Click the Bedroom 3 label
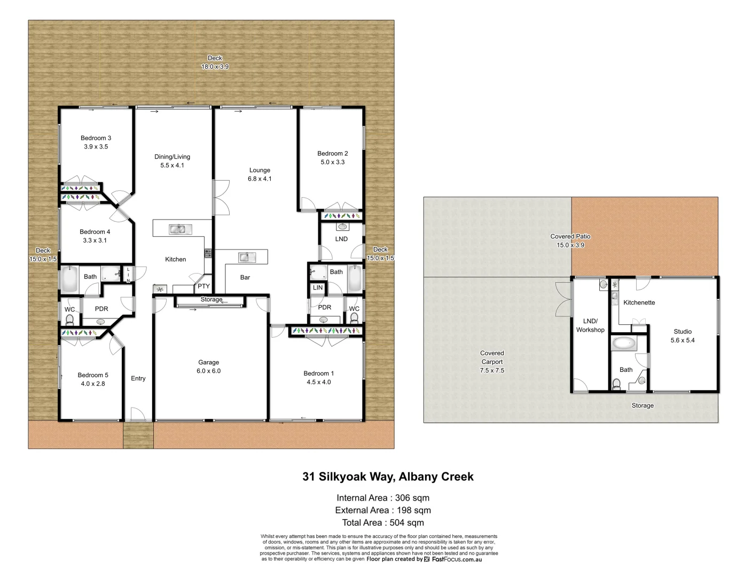pos(96,138)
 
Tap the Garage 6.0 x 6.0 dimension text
pos(208,371)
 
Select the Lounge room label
pos(260,170)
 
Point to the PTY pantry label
pos(203,286)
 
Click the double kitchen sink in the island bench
pos(180,230)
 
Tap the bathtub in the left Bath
pos(70,278)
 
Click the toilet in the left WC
pos(69,320)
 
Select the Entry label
pos(138,378)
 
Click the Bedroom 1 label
pos(318,373)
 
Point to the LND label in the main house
pos(341,239)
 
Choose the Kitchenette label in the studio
pos(639,302)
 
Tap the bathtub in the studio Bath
pos(623,343)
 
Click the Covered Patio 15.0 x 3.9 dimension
pos(570,245)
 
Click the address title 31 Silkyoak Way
pos(388,477)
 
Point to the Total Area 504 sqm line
pos(383,523)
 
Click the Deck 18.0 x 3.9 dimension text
pos(215,67)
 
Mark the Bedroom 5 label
pos(93,375)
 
